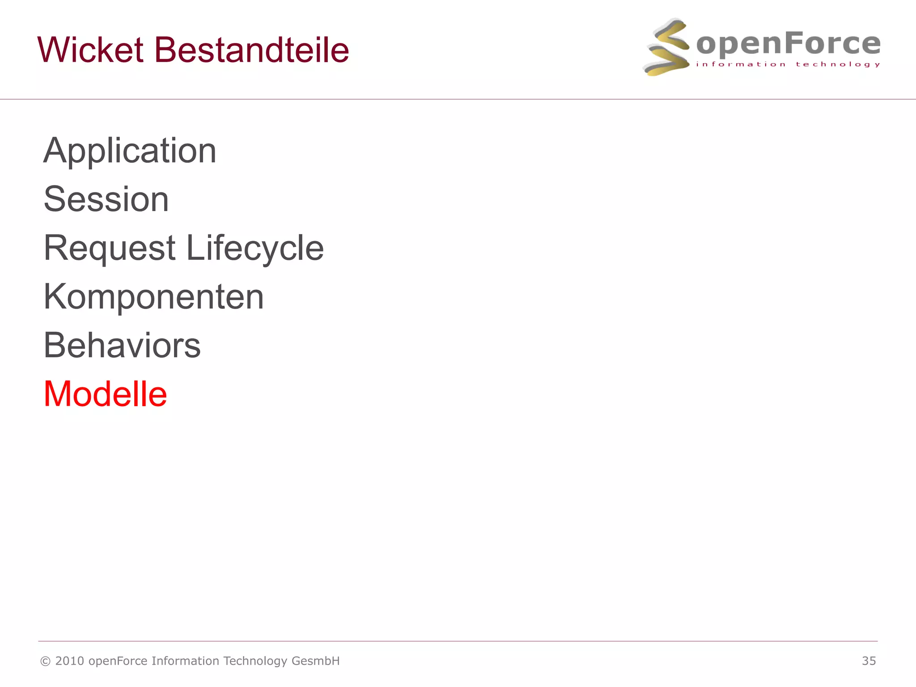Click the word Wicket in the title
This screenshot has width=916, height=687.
pyautogui.click(x=90, y=50)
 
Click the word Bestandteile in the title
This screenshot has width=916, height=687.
pyautogui.click(x=251, y=50)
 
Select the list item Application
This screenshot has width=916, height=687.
pyautogui.click(x=130, y=151)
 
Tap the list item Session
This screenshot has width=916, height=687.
pyautogui.click(x=106, y=199)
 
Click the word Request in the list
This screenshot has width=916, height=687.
pyautogui.click(x=110, y=248)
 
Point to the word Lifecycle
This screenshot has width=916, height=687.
pyautogui.click(x=254, y=248)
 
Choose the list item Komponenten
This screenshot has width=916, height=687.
pyautogui.click(x=154, y=297)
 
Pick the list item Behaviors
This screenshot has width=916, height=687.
pyautogui.click(x=122, y=346)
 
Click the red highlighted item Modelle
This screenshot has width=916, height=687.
pyautogui.click(x=106, y=394)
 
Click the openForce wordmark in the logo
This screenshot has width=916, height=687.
pyautogui.click(x=788, y=44)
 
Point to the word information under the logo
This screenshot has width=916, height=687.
pyautogui.click(x=741, y=64)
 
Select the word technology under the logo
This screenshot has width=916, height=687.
pyautogui.click(x=838, y=64)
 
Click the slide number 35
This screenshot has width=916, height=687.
pyautogui.click(x=869, y=661)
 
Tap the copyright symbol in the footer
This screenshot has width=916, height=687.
pyautogui.click(x=45, y=662)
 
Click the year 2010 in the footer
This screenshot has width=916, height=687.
pyautogui.click(x=70, y=661)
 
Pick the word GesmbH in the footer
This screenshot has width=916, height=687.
pyautogui.click(x=315, y=661)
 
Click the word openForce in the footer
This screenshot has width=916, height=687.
pyautogui.click(x=118, y=662)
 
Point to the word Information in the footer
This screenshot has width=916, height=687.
pyautogui.click(x=185, y=661)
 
